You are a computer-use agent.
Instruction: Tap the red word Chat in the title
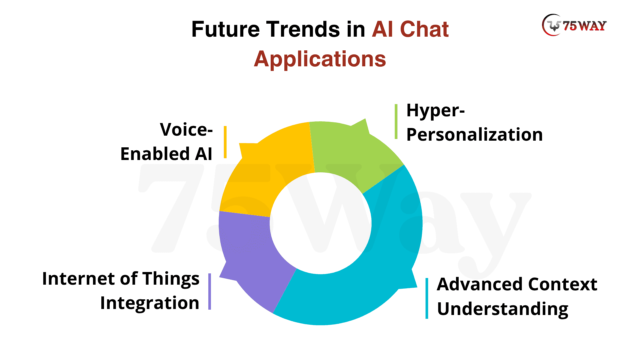click(x=424, y=29)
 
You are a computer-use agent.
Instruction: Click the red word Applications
click(x=320, y=59)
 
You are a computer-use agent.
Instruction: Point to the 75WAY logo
click(x=574, y=25)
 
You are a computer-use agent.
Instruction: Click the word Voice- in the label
click(x=186, y=129)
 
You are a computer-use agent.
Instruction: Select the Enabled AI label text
click(x=166, y=154)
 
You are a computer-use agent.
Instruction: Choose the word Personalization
click(x=474, y=135)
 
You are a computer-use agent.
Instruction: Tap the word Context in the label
click(x=563, y=284)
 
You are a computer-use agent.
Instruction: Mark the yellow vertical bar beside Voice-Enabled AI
click(x=225, y=142)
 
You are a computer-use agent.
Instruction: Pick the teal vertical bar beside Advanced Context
click(x=427, y=298)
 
